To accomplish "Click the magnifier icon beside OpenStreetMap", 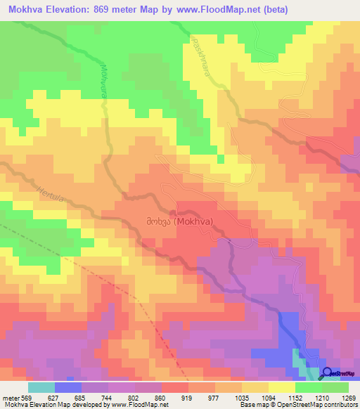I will coord(328,373).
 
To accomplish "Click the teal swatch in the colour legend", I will coord(41,388).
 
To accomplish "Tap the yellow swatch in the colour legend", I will coord(281,388).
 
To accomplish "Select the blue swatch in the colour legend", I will coord(68,388).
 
